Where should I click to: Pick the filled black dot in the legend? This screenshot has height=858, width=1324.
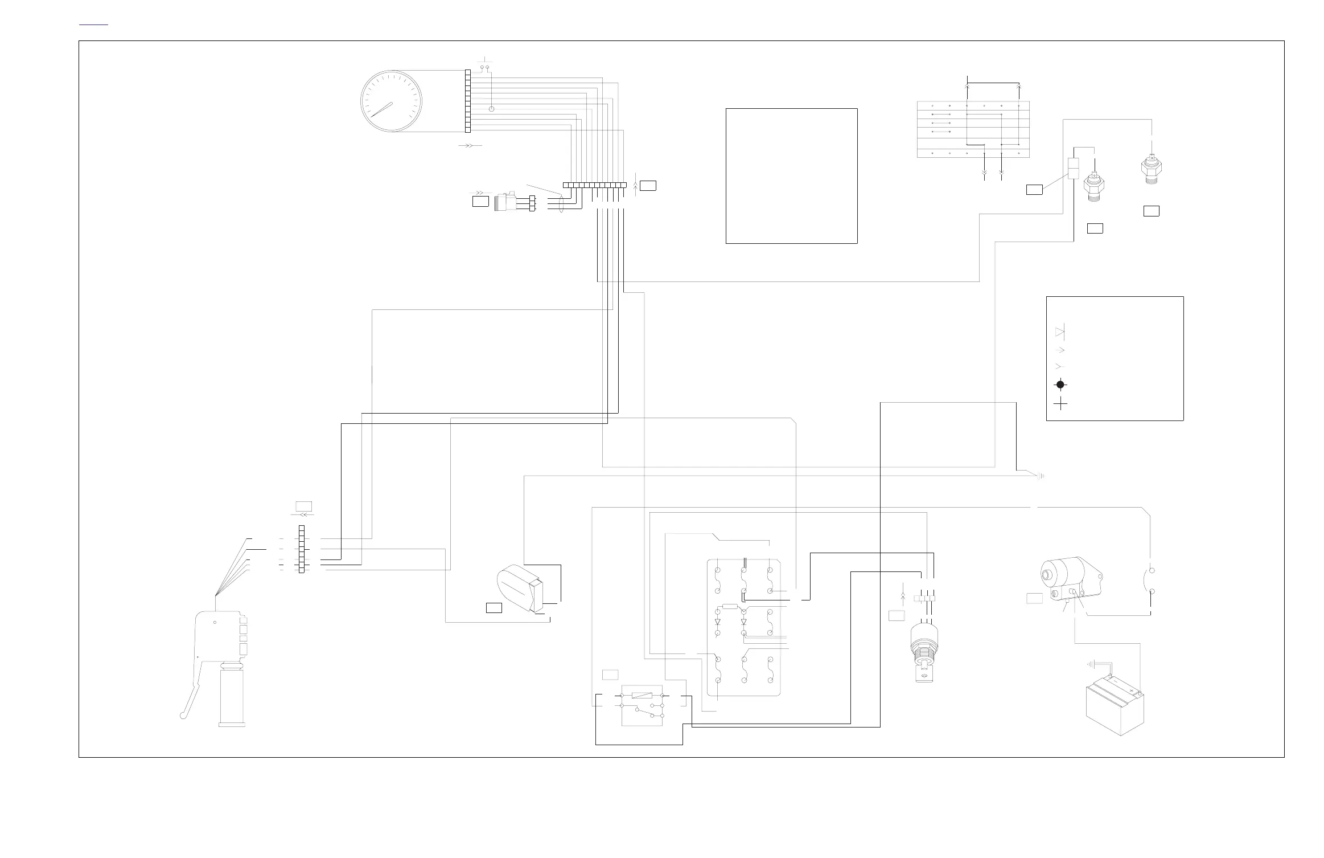[1060, 385]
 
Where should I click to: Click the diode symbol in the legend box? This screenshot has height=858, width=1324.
[1060, 332]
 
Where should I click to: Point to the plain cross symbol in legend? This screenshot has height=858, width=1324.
[1060, 405]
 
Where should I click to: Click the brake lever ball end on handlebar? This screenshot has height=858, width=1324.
[183, 716]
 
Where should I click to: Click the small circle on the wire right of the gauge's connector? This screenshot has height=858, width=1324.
[492, 109]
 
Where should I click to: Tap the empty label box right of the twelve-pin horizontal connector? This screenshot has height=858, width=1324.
[648, 185]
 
